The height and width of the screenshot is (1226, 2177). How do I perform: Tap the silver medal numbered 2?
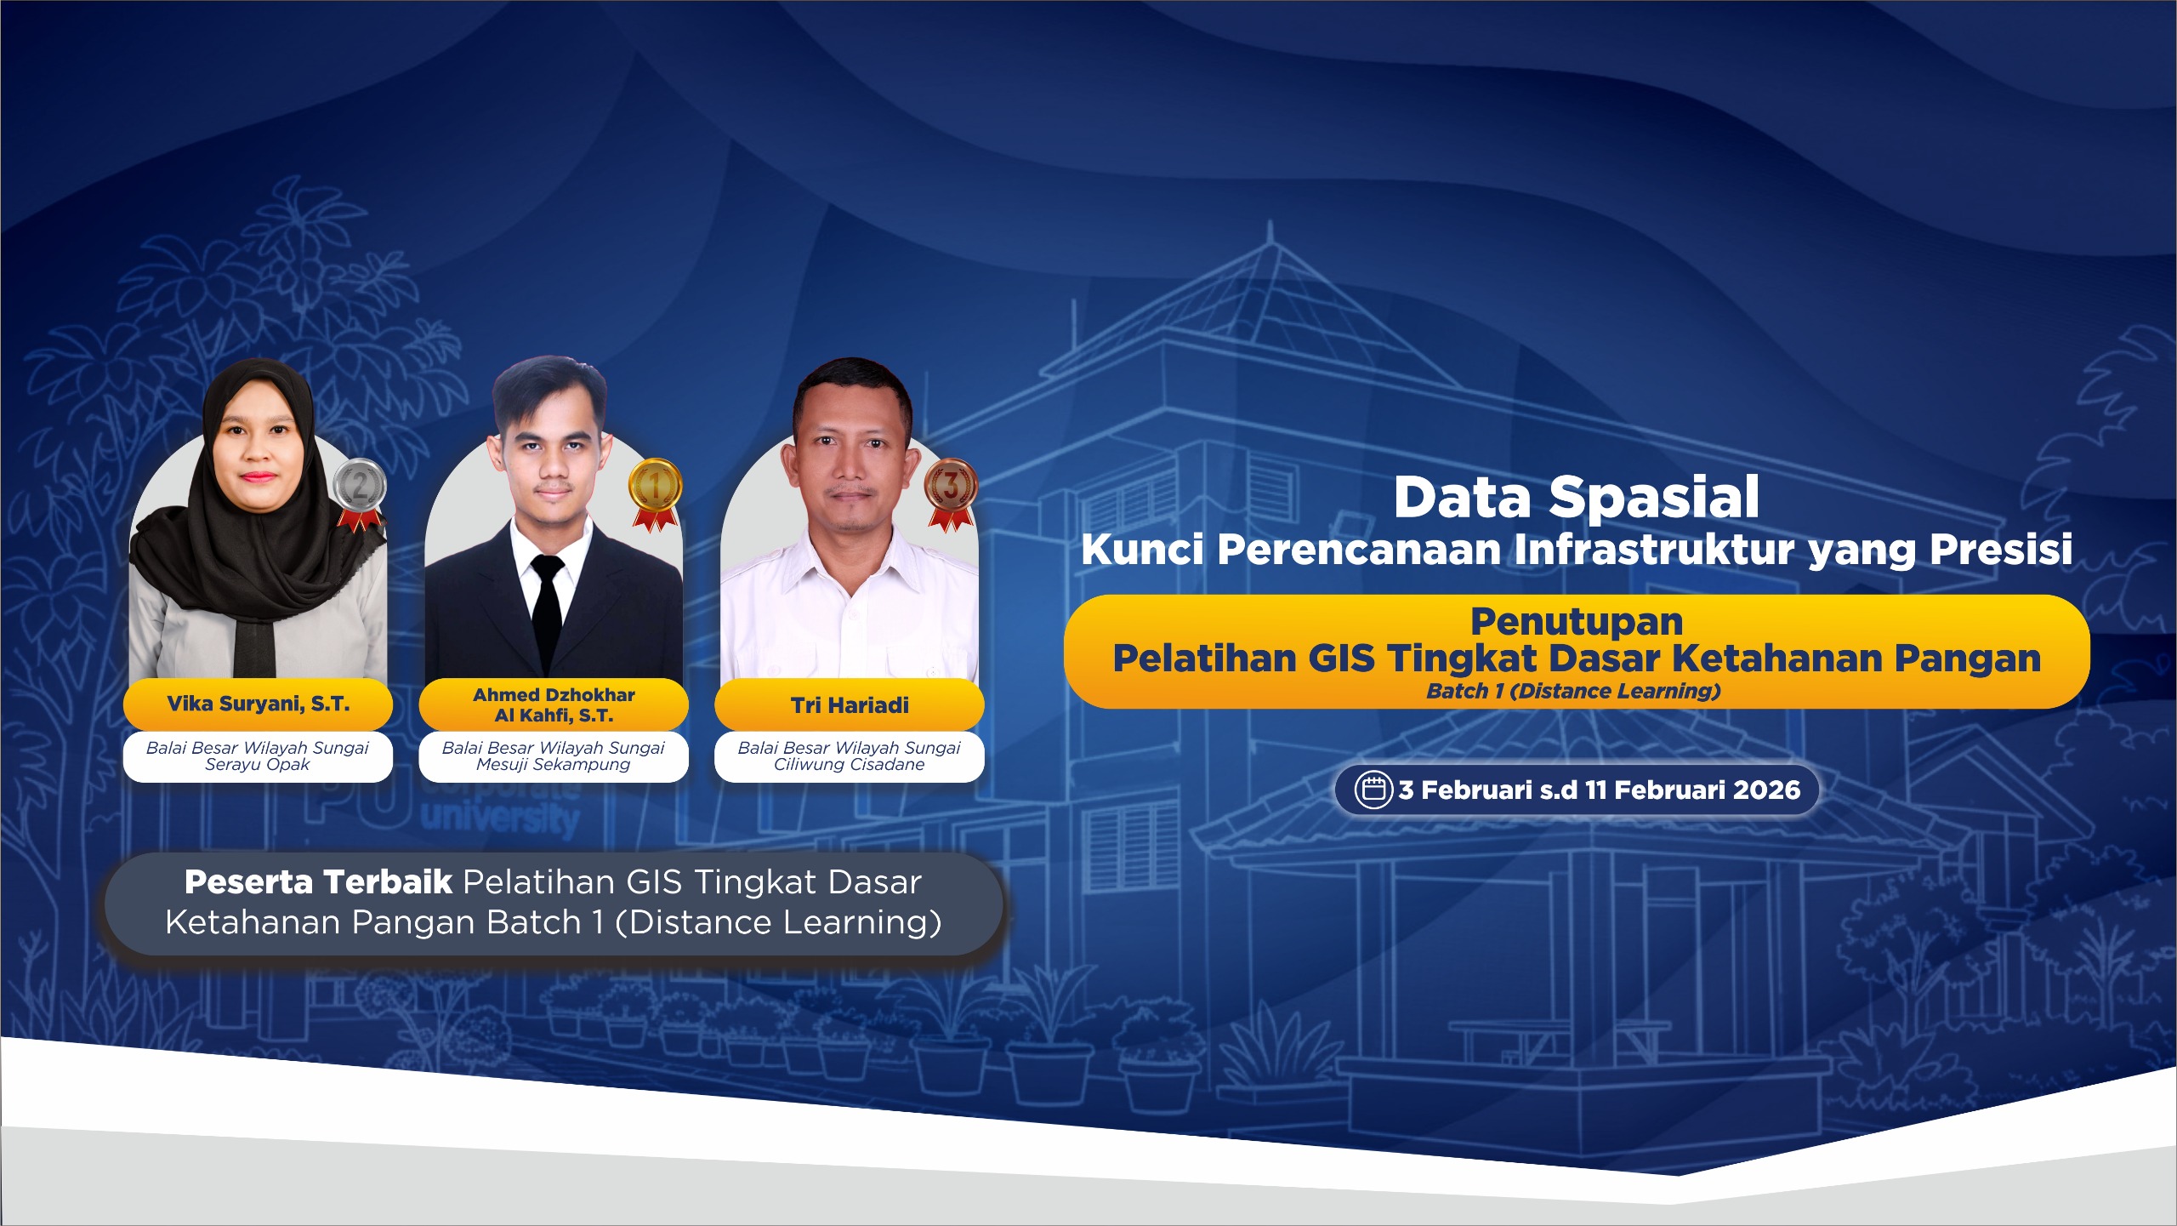coord(360,493)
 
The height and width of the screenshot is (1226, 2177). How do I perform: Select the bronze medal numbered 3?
coord(951,493)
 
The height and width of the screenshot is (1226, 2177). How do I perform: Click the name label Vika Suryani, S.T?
coord(258,704)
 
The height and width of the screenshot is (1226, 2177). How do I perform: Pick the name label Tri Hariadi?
coord(850,705)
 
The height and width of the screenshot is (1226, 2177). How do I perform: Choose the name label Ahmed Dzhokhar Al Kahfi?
coord(554,704)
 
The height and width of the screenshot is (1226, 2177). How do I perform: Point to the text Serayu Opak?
coord(258,764)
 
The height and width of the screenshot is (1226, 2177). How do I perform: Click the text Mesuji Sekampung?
coord(554,764)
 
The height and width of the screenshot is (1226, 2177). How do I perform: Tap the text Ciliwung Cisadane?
coord(850,764)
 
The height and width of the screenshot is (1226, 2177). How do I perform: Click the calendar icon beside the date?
coord(1373,790)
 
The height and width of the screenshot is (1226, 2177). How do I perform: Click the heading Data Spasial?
coord(1577,497)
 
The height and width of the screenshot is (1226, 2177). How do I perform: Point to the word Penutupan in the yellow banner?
coord(1577,622)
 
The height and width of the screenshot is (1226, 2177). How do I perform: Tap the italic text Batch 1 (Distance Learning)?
coord(1574,691)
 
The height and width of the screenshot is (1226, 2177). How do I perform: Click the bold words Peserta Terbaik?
coord(318,882)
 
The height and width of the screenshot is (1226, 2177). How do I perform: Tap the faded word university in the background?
coord(500,818)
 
